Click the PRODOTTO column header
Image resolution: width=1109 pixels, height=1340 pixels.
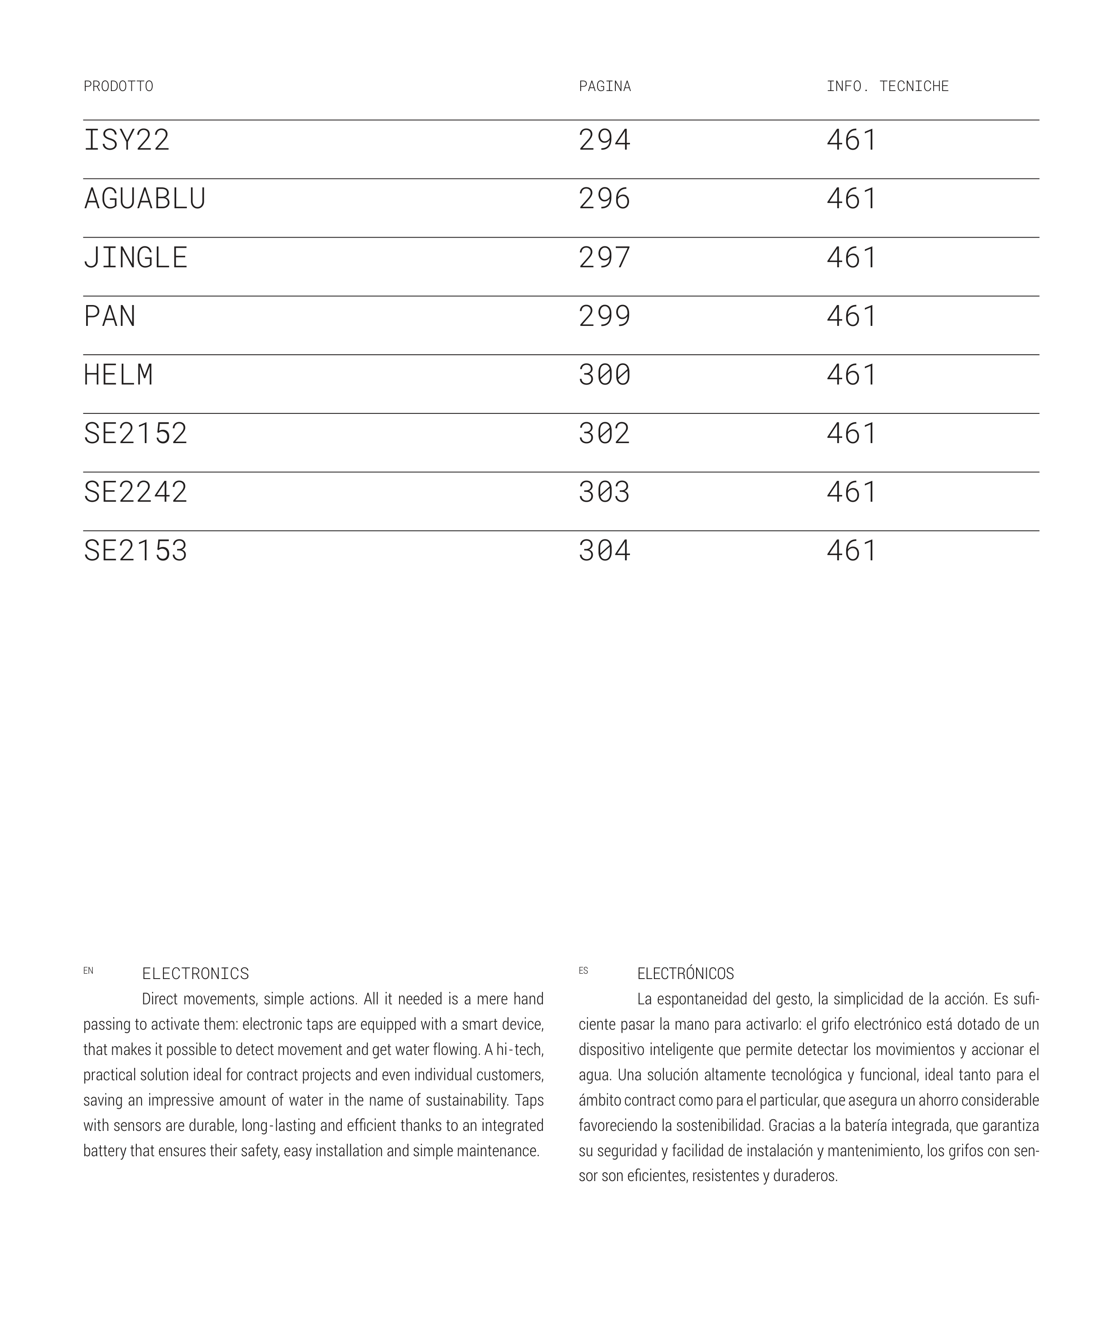118,86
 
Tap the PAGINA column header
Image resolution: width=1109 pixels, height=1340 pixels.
604,86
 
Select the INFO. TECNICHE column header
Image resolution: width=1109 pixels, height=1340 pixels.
887,86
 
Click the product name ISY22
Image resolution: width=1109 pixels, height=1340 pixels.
127,140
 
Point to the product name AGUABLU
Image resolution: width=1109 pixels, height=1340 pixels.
144,199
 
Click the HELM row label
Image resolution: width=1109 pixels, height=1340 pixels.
118,375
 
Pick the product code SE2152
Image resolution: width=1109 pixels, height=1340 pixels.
135,434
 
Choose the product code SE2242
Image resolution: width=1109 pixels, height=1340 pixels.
135,492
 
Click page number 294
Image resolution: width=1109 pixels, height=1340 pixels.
604,140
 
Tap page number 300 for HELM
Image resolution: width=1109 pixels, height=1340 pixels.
604,375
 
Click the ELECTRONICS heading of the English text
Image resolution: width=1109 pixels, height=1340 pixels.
195,974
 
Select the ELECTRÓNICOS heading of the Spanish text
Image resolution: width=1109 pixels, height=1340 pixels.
685,974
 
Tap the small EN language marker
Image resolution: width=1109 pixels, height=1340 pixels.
88,971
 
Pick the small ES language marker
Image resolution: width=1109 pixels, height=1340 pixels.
583,971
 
